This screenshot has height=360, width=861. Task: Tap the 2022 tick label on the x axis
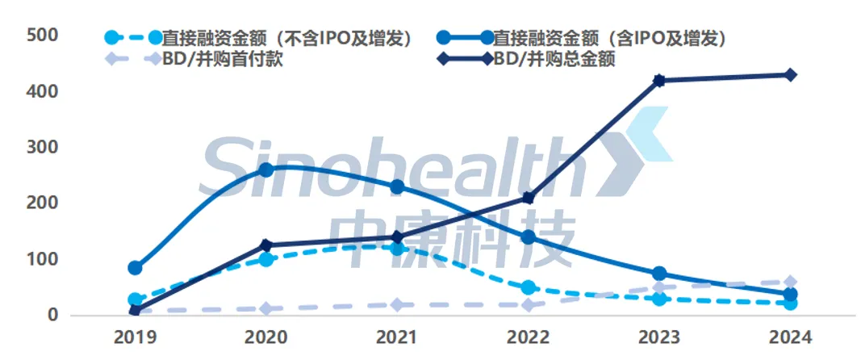click(528, 337)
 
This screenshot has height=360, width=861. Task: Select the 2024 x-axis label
click(791, 337)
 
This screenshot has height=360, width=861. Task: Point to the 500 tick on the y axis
click(43, 36)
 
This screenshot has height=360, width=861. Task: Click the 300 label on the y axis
click(43, 148)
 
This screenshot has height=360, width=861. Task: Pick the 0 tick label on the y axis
click(53, 316)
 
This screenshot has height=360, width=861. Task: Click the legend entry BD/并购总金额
click(554, 59)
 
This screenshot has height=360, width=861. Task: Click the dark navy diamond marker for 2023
click(659, 81)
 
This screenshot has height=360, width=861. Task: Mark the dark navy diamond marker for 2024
click(791, 75)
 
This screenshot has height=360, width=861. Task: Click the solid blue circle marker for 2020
click(265, 170)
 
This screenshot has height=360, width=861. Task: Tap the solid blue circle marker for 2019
click(135, 268)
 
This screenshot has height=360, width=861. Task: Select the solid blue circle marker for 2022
click(529, 237)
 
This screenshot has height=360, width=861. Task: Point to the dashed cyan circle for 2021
click(397, 249)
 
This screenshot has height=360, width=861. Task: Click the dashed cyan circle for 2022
click(529, 287)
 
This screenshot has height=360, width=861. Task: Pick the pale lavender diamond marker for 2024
click(791, 282)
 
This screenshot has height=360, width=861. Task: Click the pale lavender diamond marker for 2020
click(265, 308)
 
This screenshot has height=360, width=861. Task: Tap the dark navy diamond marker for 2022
click(529, 198)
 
